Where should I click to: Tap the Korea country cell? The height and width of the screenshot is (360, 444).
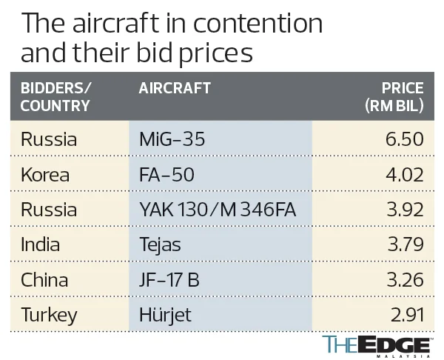(x=45, y=175)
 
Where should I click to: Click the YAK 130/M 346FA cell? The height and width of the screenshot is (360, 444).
(x=218, y=210)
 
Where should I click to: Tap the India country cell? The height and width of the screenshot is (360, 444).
(x=41, y=245)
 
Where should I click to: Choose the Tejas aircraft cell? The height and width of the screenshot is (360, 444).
(x=161, y=245)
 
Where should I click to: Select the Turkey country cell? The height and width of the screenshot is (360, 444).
(x=49, y=315)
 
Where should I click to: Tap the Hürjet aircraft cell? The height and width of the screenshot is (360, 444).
(x=166, y=315)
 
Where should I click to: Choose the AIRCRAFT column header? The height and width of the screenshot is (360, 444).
(x=175, y=88)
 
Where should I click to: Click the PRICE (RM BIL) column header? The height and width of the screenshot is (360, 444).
(x=394, y=96)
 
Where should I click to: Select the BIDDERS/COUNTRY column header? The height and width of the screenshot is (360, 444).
(x=56, y=96)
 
